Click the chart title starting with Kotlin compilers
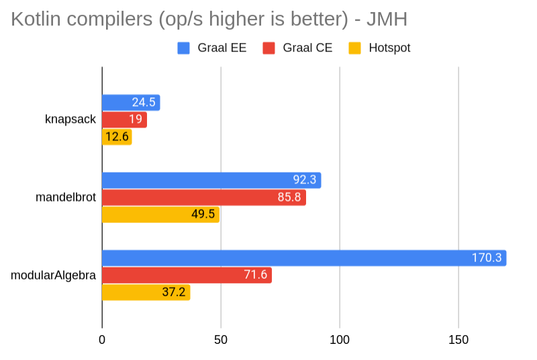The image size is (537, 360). (x=209, y=19)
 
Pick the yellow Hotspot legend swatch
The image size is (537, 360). (x=355, y=48)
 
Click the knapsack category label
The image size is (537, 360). (x=70, y=120)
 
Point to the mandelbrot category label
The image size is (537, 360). (x=66, y=197)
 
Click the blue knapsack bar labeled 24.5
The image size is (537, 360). (x=131, y=103)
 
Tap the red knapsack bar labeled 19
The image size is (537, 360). (x=124, y=120)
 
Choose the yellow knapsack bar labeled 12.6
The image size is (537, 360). (x=117, y=137)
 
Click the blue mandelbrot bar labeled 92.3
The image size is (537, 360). (x=211, y=180)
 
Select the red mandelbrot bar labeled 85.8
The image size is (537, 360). (x=203, y=197)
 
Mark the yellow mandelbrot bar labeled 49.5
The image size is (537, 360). (x=160, y=215)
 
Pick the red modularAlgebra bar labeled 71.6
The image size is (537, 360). (x=187, y=275)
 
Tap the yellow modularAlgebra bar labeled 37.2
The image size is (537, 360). (x=146, y=292)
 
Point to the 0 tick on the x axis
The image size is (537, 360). (x=102, y=341)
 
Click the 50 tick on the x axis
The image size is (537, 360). (x=221, y=341)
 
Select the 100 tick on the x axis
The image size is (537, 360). (x=340, y=341)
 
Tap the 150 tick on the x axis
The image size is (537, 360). (x=458, y=341)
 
